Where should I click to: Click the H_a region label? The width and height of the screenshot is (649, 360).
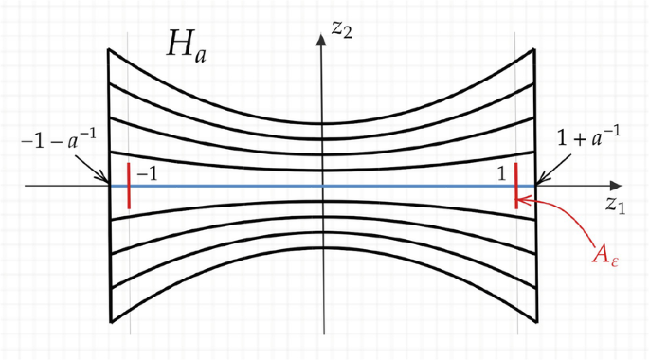tap(186, 47)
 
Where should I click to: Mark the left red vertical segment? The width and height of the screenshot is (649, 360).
tap(128, 185)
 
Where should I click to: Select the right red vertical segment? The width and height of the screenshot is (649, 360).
tap(516, 186)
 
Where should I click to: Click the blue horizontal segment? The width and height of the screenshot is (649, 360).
tap(322, 186)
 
